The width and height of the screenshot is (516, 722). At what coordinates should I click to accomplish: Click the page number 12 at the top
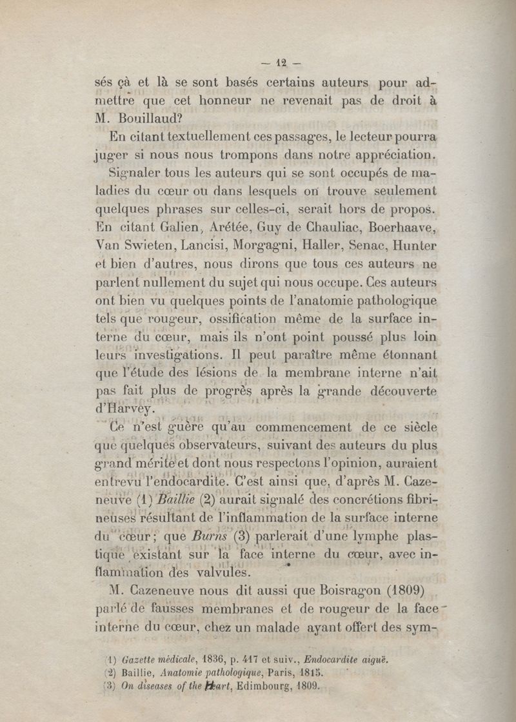click(281, 63)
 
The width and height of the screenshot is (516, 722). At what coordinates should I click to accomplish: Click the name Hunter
click(414, 246)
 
